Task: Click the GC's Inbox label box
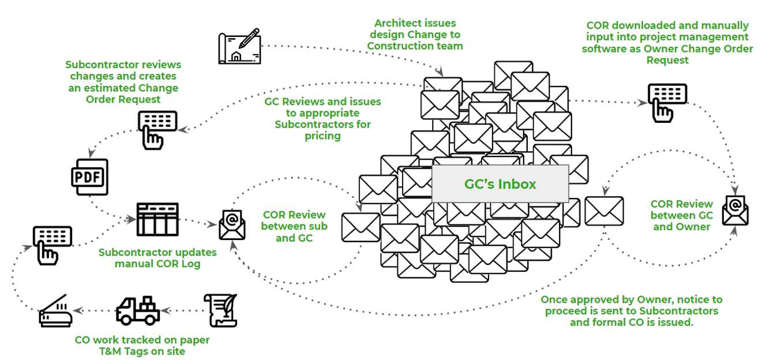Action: point(500,184)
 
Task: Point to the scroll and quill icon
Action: point(220,310)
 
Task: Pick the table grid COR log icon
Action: point(157,219)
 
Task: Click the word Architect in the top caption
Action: point(398,24)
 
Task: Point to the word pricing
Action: point(322,136)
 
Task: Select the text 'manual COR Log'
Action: point(157,264)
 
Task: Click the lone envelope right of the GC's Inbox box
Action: point(603,211)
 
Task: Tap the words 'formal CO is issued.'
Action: point(631,322)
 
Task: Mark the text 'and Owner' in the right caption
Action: point(681,227)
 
